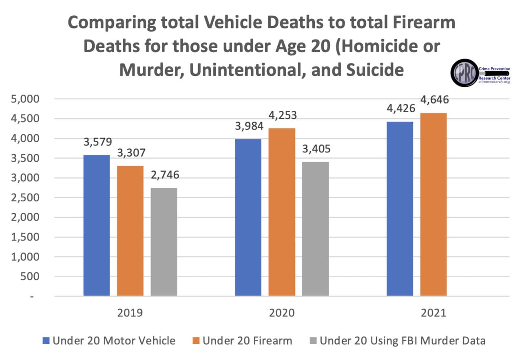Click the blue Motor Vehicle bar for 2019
coord(97,225)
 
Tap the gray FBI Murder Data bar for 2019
coord(164,241)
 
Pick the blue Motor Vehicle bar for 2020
coord(248,217)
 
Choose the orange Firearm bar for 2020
coord(281,212)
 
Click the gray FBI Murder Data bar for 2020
coord(315,228)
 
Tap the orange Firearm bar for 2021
coord(433,204)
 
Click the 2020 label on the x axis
coord(281,314)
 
